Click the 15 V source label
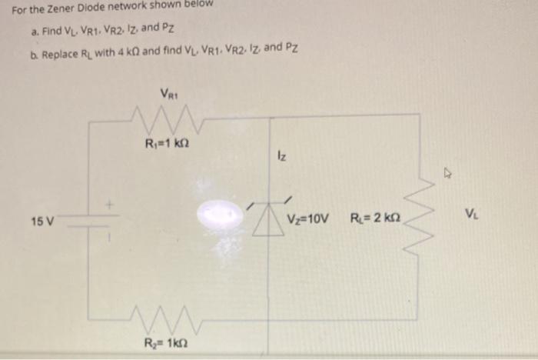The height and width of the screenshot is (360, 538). point(42,222)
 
